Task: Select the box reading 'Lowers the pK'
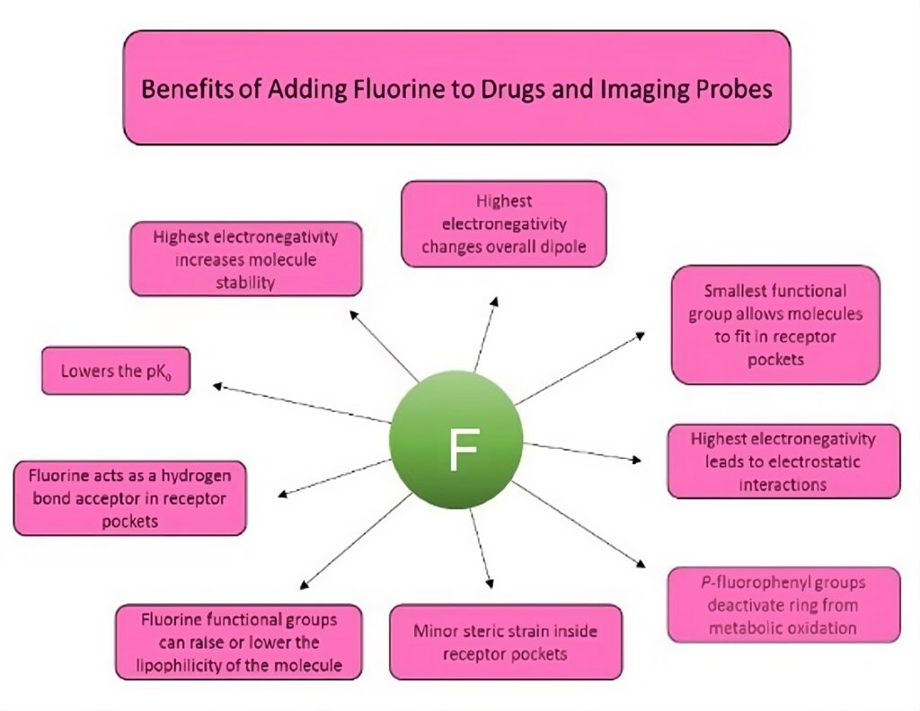116,371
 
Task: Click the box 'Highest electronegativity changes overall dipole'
503,224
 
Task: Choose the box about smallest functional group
775,325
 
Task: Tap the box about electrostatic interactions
783,461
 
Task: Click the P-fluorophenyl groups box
783,604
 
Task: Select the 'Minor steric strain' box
505,642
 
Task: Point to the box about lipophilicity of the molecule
239,642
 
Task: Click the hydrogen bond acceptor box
129,497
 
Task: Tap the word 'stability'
245,282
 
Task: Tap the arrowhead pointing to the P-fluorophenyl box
641,564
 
